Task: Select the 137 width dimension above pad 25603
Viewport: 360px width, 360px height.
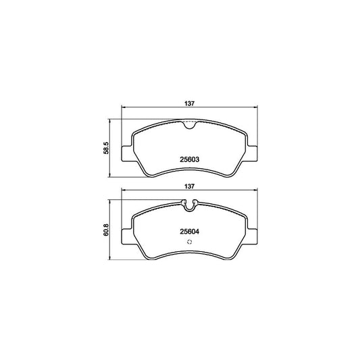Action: (190, 103)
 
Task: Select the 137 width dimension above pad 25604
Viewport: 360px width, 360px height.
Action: (190, 186)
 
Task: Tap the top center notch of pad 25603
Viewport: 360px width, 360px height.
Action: (189, 124)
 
